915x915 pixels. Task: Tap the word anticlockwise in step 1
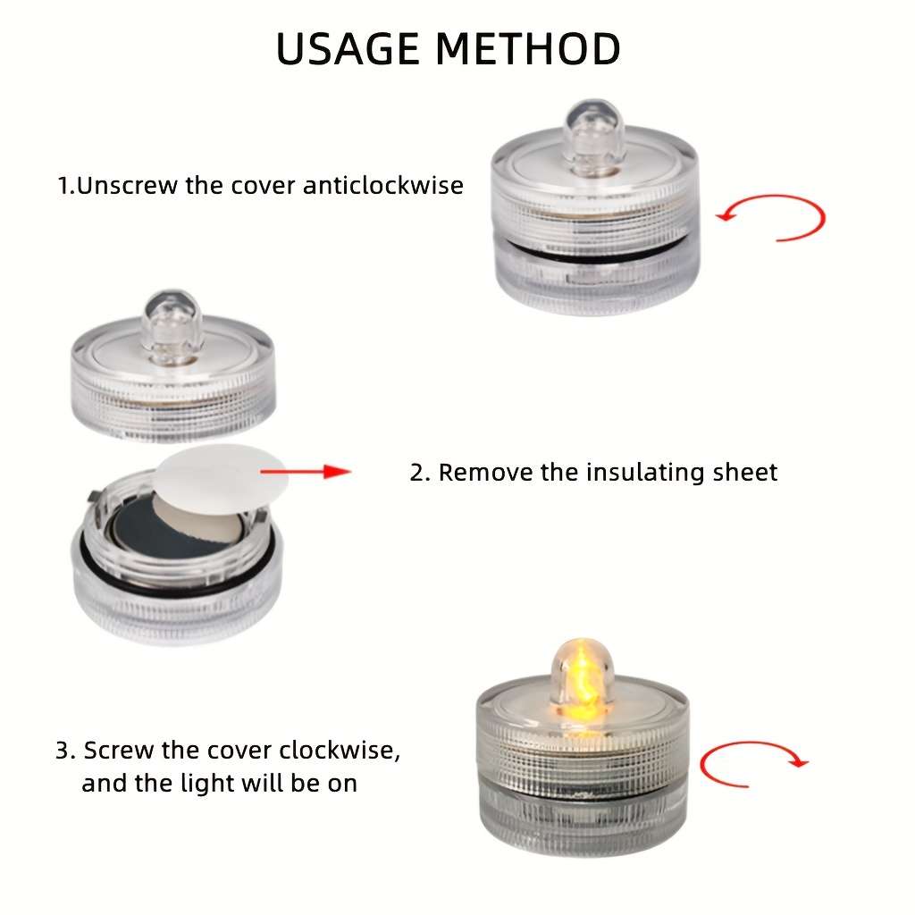pyautogui.click(x=382, y=186)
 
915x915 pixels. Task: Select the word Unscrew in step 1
pyautogui.click(x=127, y=186)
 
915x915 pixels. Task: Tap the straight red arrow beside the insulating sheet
pyautogui.click(x=306, y=472)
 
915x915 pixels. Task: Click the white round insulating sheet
pyautogui.click(x=221, y=479)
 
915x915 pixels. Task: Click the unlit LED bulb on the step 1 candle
pyautogui.click(x=594, y=138)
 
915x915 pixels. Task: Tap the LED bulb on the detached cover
pyautogui.click(x=172, y=327)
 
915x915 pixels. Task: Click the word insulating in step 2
pyautogui.click(x=645, y=472)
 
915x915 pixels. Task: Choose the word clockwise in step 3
pyautogui.click(x=340, y=751)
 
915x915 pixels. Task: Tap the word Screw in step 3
pyautogui.click(x=119, y=751)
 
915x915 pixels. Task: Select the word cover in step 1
pyautogui.click(x=263, y=186)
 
